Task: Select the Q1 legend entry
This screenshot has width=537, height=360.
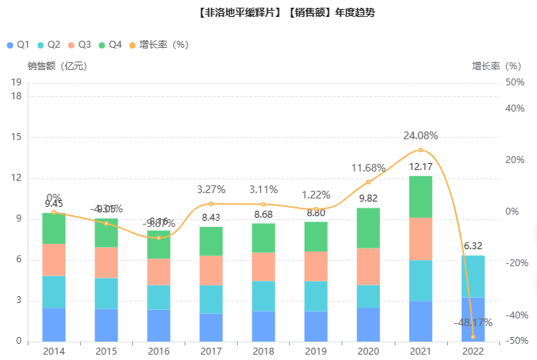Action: [18, 45]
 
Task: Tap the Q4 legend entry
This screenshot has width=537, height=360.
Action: [111, 45]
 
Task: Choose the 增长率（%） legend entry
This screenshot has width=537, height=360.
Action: [163, 45]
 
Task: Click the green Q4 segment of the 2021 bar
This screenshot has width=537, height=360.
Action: [420, 196]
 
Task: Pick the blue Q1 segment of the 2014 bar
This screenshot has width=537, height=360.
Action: [54, 325]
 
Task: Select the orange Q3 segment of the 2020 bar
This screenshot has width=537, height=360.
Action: [368, 266]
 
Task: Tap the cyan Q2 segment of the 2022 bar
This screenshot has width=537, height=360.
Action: [472, 276]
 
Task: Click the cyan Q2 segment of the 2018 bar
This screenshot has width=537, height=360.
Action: [263, 296]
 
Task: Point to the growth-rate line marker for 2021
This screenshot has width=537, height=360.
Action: [420, 150]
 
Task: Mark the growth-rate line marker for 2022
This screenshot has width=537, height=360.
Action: [472, 337]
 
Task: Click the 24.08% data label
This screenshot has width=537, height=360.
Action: [420, 136]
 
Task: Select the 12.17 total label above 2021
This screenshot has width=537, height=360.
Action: [420, 167]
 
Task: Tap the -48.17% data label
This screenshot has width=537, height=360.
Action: [472, 323]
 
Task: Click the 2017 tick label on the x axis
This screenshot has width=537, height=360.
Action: [211, 350]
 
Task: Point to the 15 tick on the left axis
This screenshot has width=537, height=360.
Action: [16, 137]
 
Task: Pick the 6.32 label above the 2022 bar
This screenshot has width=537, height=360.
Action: [472, 247]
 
